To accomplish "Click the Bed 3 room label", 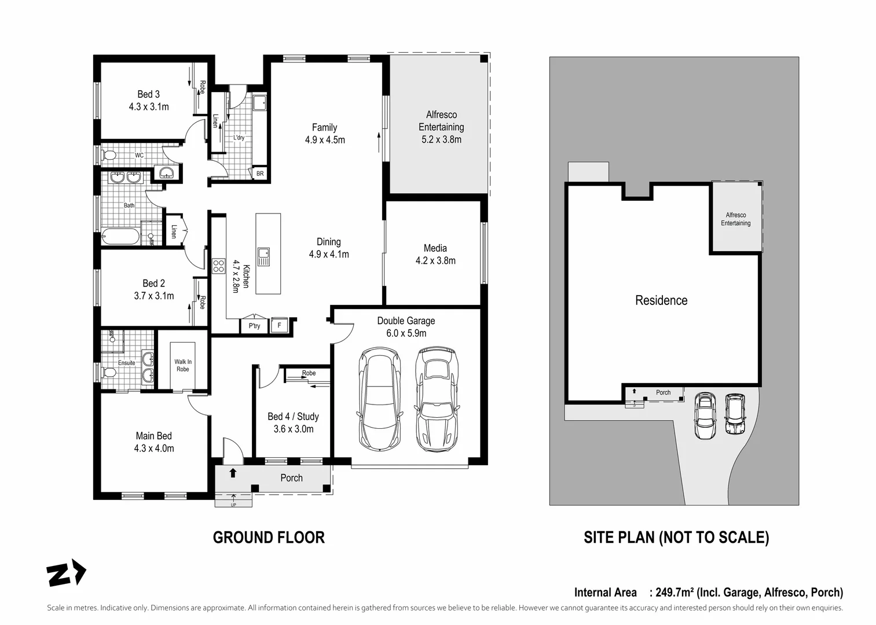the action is click(x=148, y=94).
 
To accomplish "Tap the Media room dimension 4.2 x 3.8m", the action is click(x=435, y=261).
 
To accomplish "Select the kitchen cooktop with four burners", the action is click(x=219, y=266).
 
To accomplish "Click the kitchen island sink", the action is click(x=263, y=256).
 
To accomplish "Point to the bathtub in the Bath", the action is click(x=120, y=237).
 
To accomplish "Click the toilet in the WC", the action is click(x=108, y=155).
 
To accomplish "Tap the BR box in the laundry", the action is click(x=259, y=174).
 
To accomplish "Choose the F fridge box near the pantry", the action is click(x=279, y=325).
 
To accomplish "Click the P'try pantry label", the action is click(x=254, y=326).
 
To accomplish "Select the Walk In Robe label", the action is click(x=182, y=366).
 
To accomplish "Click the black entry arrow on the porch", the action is click(x=233, y=473).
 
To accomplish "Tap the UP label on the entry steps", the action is click(x=233, y=505).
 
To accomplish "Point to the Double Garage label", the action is click(x=406, y=321).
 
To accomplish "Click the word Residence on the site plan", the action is click(x=661, y=300).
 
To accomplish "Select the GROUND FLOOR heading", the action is click(x=269, y=538).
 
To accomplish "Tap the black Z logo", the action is click(x=66, y=572).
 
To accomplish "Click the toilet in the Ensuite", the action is click(x=109, y=373).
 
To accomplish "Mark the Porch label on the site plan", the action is click(x=664, y=392).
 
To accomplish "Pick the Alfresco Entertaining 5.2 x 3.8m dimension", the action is click(x=442, y=139).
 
